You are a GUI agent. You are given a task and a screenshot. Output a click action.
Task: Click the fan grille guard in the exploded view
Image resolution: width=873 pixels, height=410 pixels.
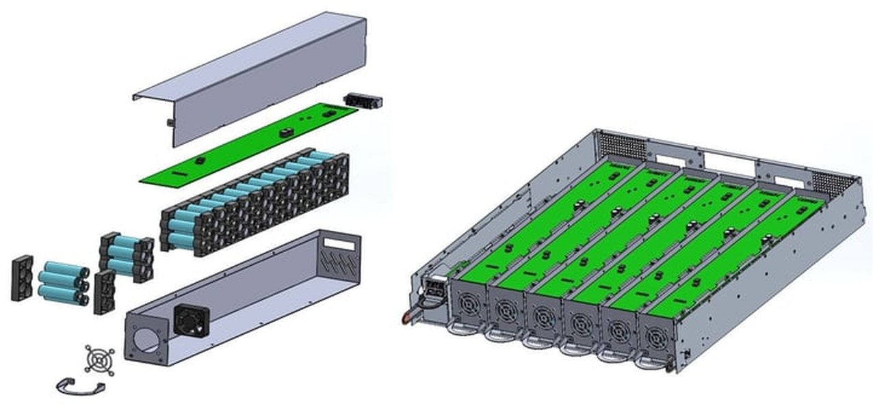coord(99,359)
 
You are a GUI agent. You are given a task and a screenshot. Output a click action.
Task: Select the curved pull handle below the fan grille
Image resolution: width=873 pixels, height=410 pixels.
coord(81,387)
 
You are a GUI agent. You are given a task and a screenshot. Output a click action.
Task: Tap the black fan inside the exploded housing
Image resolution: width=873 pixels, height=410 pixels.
coord(191,320)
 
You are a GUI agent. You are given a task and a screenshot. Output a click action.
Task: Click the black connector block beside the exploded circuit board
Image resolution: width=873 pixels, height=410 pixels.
coord(363,102)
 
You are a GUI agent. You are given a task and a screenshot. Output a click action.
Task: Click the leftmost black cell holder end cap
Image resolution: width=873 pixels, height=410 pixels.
coord(22,277)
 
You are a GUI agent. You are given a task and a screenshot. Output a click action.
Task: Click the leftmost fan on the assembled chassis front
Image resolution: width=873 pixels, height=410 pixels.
coord(469,305)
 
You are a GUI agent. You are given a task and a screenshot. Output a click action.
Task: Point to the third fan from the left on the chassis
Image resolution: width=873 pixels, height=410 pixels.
coord(543,318)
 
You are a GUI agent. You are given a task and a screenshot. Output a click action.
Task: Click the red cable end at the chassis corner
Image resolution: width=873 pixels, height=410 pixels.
coord(406,318)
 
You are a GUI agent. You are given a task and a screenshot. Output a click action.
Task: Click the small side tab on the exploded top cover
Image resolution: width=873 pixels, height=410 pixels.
coord(168,123)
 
